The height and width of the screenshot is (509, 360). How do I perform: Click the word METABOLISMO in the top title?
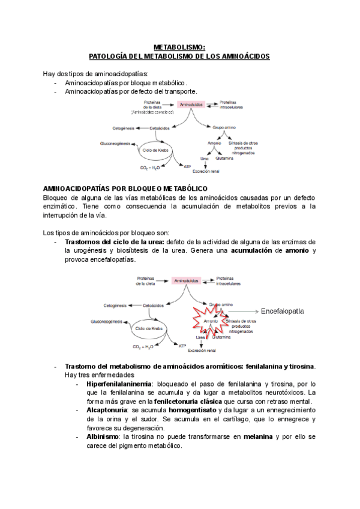pos(179,47)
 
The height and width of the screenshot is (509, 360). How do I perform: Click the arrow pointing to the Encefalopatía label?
pos(242,312)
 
